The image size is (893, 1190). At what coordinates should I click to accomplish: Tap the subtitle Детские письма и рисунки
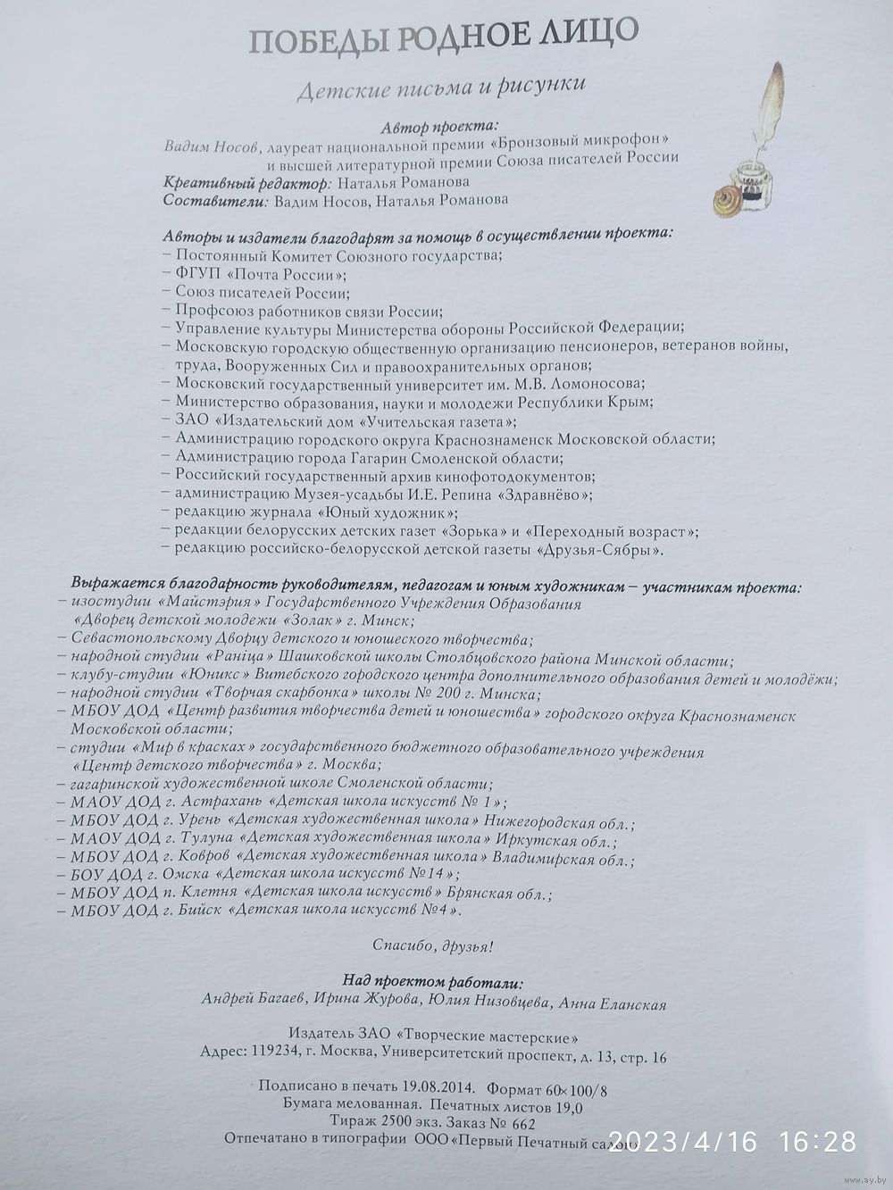point(440,87)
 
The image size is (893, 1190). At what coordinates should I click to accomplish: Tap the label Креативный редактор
point(246,182)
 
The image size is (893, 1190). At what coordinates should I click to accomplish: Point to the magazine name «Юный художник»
point(388,512)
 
